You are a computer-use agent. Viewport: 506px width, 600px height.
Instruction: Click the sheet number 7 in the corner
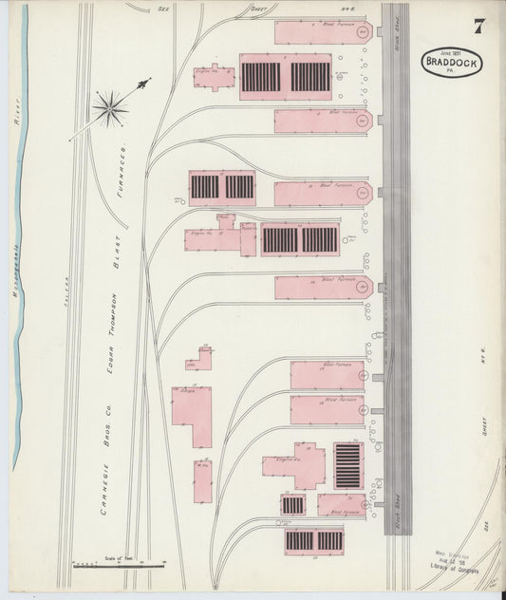(x=478, y=27)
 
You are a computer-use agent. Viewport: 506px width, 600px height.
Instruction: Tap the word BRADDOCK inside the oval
(x=453, y=64)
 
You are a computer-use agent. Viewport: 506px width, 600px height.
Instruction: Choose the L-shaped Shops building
(x=193, y=414)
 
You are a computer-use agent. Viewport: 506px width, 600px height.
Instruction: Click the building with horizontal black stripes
(x=347, y=465)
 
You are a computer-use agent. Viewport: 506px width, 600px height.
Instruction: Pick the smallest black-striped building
(x=292, y=505)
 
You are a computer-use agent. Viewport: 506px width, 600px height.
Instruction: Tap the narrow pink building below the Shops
(x=203, y=481)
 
